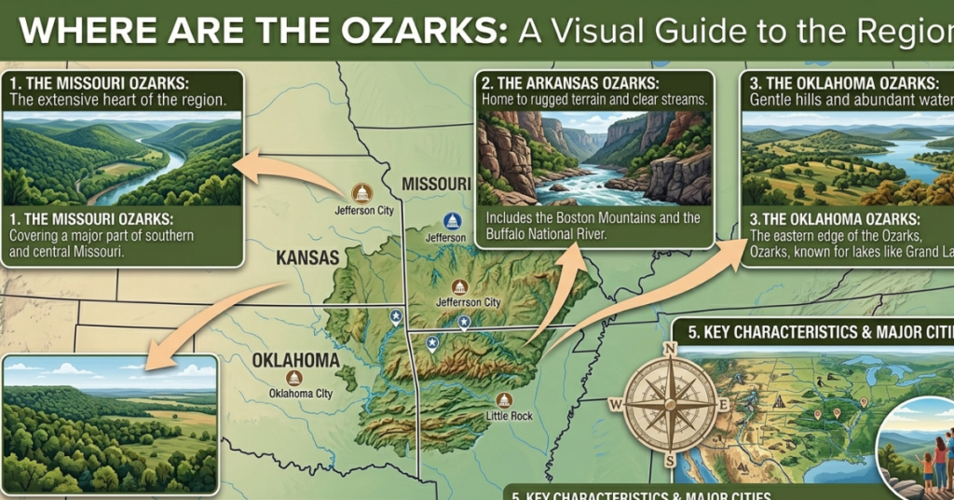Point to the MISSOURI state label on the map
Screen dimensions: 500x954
436,184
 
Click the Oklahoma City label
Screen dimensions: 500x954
300,394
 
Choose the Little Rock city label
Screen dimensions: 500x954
510,415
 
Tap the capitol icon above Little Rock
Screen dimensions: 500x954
504,398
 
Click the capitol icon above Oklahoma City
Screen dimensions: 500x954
294,377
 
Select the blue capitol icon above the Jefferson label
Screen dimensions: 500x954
453,221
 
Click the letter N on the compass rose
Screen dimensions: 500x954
669,350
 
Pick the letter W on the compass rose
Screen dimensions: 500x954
615,405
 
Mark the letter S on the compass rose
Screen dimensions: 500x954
669,460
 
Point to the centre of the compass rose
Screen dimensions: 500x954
669,405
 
